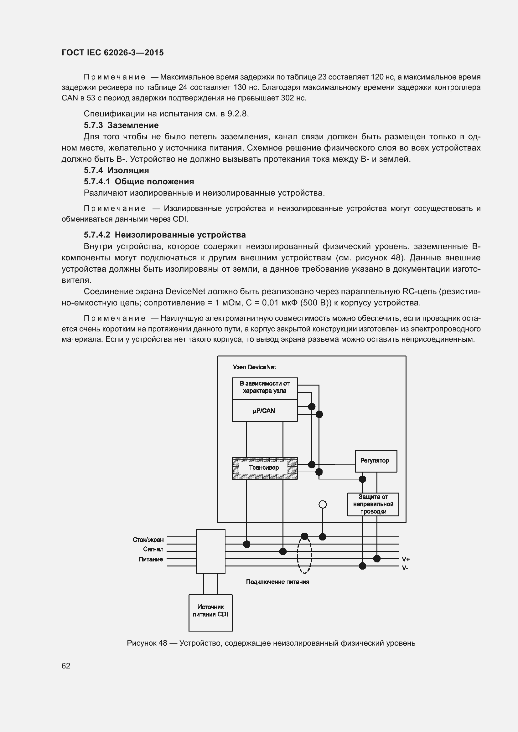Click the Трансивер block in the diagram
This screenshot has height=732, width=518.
[264, 468]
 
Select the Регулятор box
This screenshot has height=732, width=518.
[376, 461]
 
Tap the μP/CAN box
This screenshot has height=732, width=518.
[264, 411]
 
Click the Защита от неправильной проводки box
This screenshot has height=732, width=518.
[373, 504]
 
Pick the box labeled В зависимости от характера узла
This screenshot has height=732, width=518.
[264, 387]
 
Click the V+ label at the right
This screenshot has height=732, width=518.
[406, 559]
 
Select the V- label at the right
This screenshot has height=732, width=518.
[405, 567]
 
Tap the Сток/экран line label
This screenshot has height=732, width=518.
[148, 540]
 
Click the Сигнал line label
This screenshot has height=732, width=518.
[153, 549]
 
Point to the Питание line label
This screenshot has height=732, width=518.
[151, 559]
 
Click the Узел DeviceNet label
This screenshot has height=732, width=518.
[254, 367]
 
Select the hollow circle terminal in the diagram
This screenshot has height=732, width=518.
[323, 504]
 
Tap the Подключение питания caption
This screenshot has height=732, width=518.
[277, 582]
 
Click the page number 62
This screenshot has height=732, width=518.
[66, 666]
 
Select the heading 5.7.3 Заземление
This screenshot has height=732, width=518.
[121, 125]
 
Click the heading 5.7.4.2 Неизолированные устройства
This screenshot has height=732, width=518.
[165, 235]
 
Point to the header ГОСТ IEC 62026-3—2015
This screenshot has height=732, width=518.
[113, 53]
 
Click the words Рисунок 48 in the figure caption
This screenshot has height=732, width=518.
[147, 643]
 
